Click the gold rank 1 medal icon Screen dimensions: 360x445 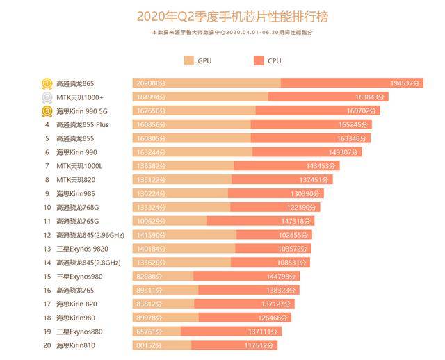click(x=47, y=83)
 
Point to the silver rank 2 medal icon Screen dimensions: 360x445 click(x=47, y=97)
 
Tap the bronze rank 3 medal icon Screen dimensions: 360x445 click(x=47, y=111)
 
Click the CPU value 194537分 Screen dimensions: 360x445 click(x=405, y=83)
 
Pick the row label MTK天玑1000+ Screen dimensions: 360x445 click(x=79, y=97)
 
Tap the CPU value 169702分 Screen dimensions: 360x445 click(x=362, y=111)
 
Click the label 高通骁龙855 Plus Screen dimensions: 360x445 click(x=82, y=125)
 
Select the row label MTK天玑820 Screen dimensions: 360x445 click(x=76, y=180)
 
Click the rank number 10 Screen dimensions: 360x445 click(x=47, y=207)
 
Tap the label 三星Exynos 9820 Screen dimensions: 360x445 click(x=82, y=249)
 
